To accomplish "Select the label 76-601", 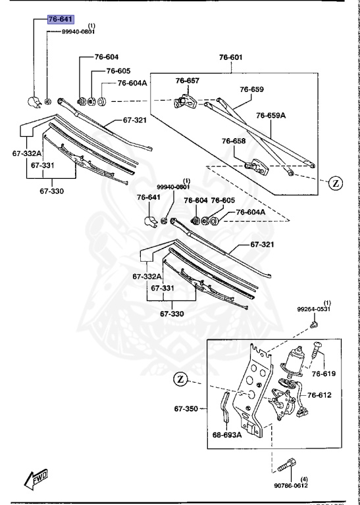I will pos(231,57).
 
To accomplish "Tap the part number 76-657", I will pos(187,80).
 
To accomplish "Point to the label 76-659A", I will pos(271,115).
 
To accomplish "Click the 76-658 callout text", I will pos(234,141).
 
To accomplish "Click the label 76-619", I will pos(323,374).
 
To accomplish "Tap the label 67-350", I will pos(187,408).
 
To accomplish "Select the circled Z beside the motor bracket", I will pos(182,379).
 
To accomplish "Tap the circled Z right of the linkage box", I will pos(334,183).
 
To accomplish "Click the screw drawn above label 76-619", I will pos(319,350).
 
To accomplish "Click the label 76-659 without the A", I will pos(251,89).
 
